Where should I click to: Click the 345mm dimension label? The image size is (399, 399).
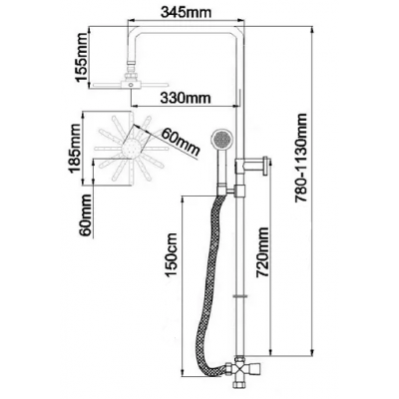(187, 13)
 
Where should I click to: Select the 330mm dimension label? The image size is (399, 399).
(186, 98)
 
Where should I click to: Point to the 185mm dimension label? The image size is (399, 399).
(74, 149)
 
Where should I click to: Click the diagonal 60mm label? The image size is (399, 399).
(180, 142)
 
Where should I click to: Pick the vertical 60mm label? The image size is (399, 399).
(86, 215)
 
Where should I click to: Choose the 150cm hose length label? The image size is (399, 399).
(172, 255)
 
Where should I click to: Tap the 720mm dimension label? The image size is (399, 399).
(263, 252)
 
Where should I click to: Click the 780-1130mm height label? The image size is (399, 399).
(302, 158)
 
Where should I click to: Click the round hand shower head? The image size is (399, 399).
(221, 139)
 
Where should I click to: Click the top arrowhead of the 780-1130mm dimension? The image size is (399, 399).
(312, 30)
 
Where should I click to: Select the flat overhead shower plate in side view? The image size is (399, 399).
(130, 85)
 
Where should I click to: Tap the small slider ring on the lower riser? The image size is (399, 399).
(240, 295)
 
